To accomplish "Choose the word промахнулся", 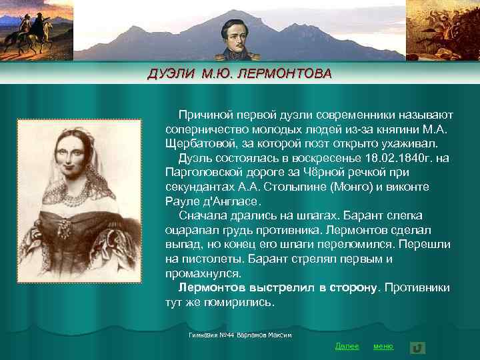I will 203,273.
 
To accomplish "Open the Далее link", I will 347,346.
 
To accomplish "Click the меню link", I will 383,346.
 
